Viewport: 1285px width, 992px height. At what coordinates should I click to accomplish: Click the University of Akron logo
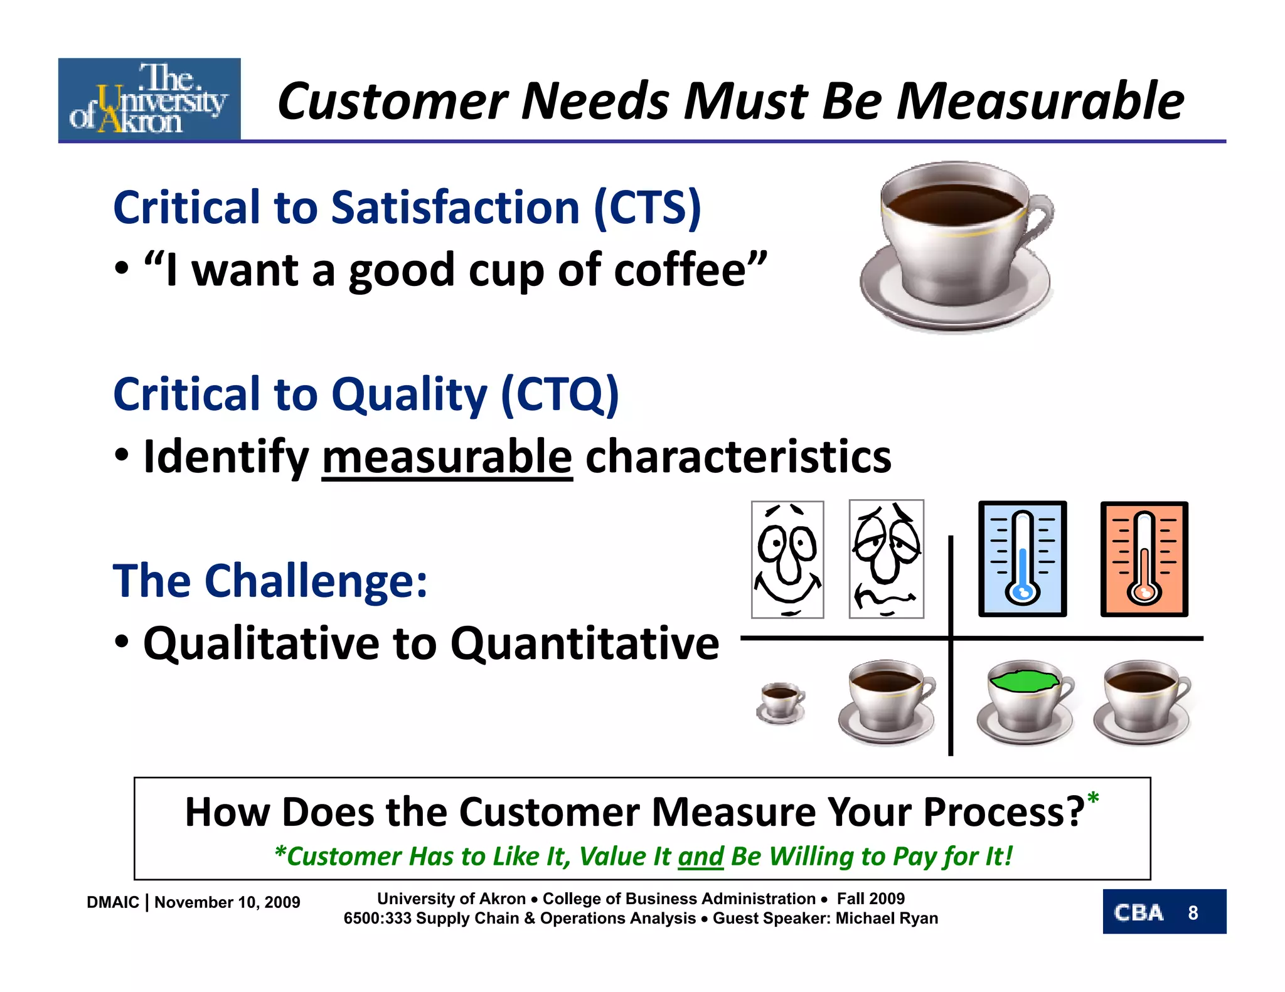pyautogui.click(x=149, y=99)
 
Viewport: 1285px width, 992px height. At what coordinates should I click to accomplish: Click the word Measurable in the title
pyautogui.click(x=1040, y=102)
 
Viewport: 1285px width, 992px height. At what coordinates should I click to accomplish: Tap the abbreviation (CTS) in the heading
pyautogui.click(x=647, y=208)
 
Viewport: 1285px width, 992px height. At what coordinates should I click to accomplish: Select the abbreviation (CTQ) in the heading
pyautogui.click(x=560, y=394)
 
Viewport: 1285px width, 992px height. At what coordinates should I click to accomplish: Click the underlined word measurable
pyautogui.click(x=447, y=456)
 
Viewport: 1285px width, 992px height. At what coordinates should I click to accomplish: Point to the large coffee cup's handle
pyautogui.click(x=1039, y=219)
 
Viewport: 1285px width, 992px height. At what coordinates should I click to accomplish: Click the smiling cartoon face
pyautogui.click(x=787, y=559)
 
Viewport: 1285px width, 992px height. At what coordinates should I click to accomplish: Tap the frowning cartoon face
pyautogui.click(x=886, y=559)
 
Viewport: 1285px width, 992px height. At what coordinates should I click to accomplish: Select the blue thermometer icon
pyautogui.click(x=1022, y=558)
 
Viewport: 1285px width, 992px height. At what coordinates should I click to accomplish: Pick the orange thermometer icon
pyautogui.click(x=1144, y=558)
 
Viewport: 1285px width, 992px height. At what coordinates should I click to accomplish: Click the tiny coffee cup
pyautogui.click(x=780, y=703)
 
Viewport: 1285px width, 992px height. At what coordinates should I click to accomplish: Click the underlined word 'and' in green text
pyautogui.click(x=701, y=857)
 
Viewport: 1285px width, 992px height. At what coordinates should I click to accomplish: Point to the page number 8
pyautogui.click(x=1193, y=912)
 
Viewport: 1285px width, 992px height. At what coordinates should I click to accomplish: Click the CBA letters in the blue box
pyautogui.click(x=1138, y=912)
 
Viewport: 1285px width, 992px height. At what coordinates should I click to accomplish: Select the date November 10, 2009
pyautogui.click(x=227, y=902)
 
